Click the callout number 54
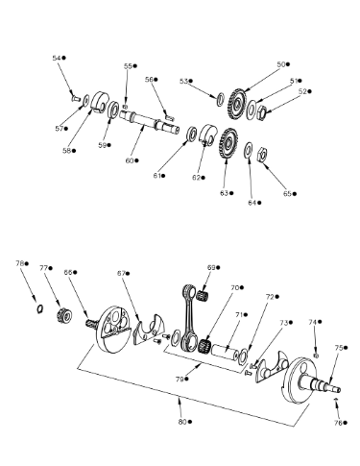pos(57,58)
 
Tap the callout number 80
pos(182,422)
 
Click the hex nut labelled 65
pos(262,155)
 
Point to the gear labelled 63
pos(228,144)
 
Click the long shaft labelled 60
pos(149,123)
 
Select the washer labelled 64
pos(249,150)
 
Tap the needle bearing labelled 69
pos(203,294)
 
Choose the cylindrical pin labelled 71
pos(226,351)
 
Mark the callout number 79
pos(180,380)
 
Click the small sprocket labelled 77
pos(64,316)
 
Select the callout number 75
pos(339,348)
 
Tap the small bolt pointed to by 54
pos(75,98)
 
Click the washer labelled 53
pos(221,99)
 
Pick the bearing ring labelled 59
pos(113,110)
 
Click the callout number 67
pos(121,273)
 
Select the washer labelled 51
pos(252,110)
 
